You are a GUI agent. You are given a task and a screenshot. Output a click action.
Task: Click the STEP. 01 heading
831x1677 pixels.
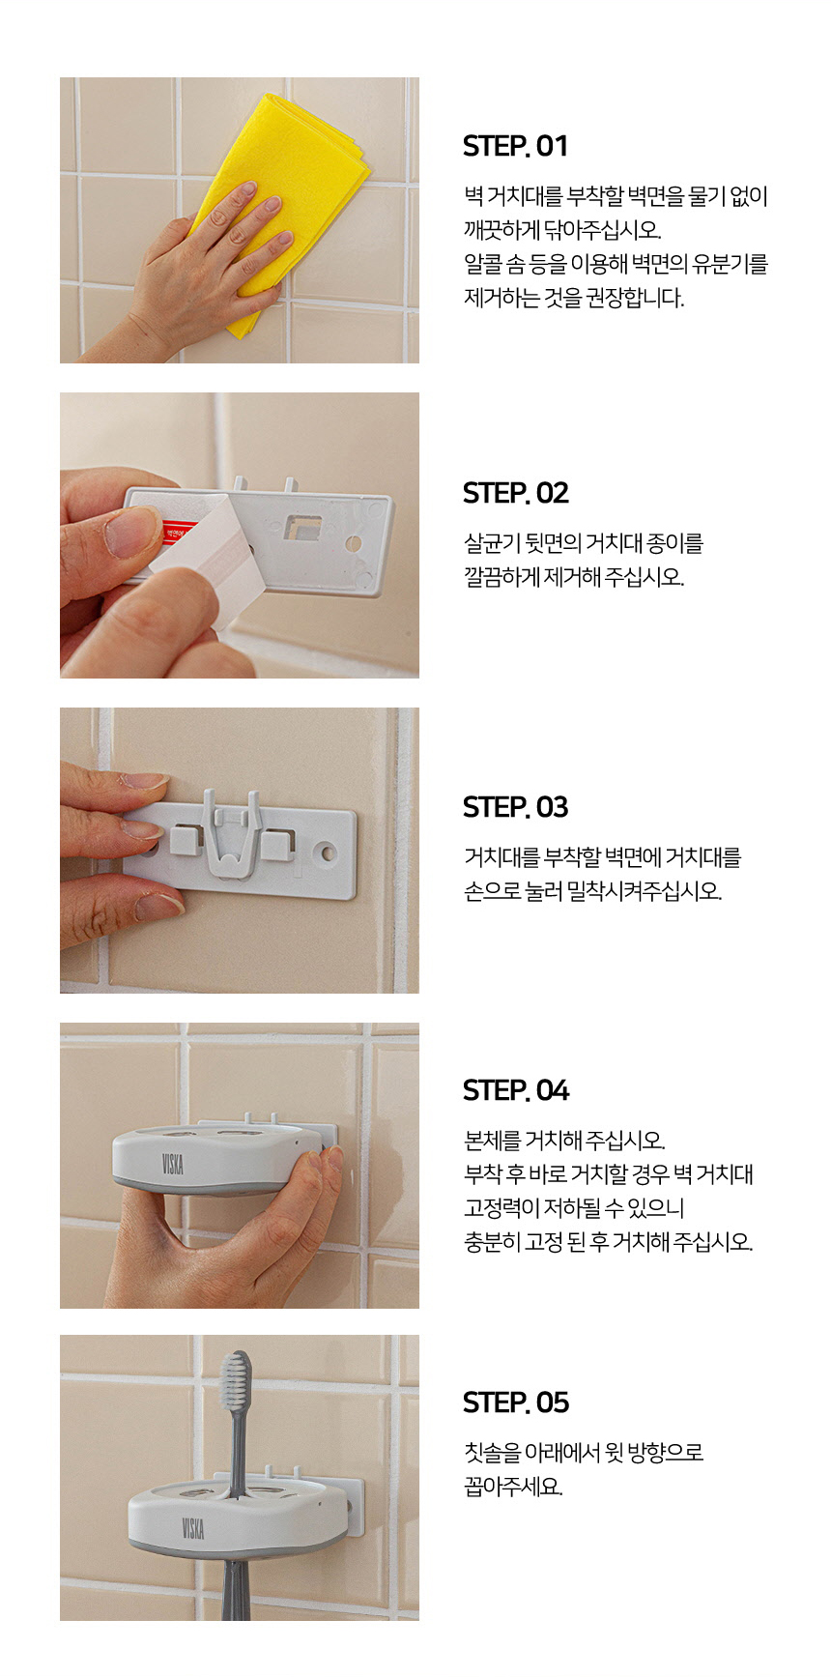coord(515,147)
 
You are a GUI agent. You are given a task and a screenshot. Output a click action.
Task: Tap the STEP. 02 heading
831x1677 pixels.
coord(516,494)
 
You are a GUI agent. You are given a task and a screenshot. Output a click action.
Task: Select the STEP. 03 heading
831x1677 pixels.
coord(516,808)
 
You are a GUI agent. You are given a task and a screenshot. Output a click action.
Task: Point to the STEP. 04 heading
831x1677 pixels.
coord(516,1091)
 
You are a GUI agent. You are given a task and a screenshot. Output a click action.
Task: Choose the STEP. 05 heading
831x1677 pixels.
coord(516,1403)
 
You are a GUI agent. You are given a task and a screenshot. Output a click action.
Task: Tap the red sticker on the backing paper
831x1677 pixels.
coord(179,532)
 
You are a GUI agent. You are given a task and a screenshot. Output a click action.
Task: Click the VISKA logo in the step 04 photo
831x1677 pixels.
coord(173,1162)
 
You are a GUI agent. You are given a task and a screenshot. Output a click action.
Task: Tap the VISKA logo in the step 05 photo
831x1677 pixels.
coord(193,1528)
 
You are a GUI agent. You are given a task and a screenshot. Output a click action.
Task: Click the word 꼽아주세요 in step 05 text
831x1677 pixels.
coord(513,1487)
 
